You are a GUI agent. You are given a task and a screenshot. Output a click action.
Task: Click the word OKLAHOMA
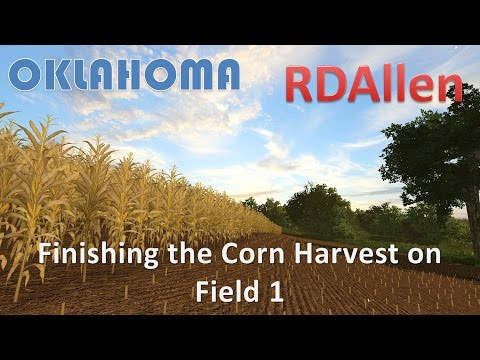[124, 75]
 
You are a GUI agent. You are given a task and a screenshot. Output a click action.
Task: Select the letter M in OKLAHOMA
[188, 75]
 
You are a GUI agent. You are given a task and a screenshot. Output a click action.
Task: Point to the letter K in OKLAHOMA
[59, 75]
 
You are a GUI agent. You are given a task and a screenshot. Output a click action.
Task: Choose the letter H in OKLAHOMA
[133, 75]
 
